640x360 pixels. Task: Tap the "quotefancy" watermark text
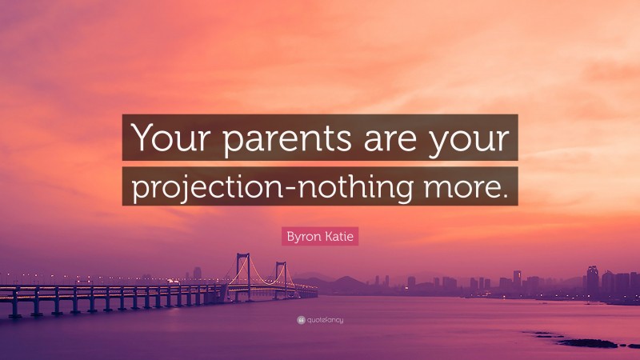point(325,319)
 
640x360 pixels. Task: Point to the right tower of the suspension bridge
point(281,277)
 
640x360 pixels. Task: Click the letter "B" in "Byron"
point(290,236)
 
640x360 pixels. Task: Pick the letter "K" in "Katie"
point(326,236)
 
